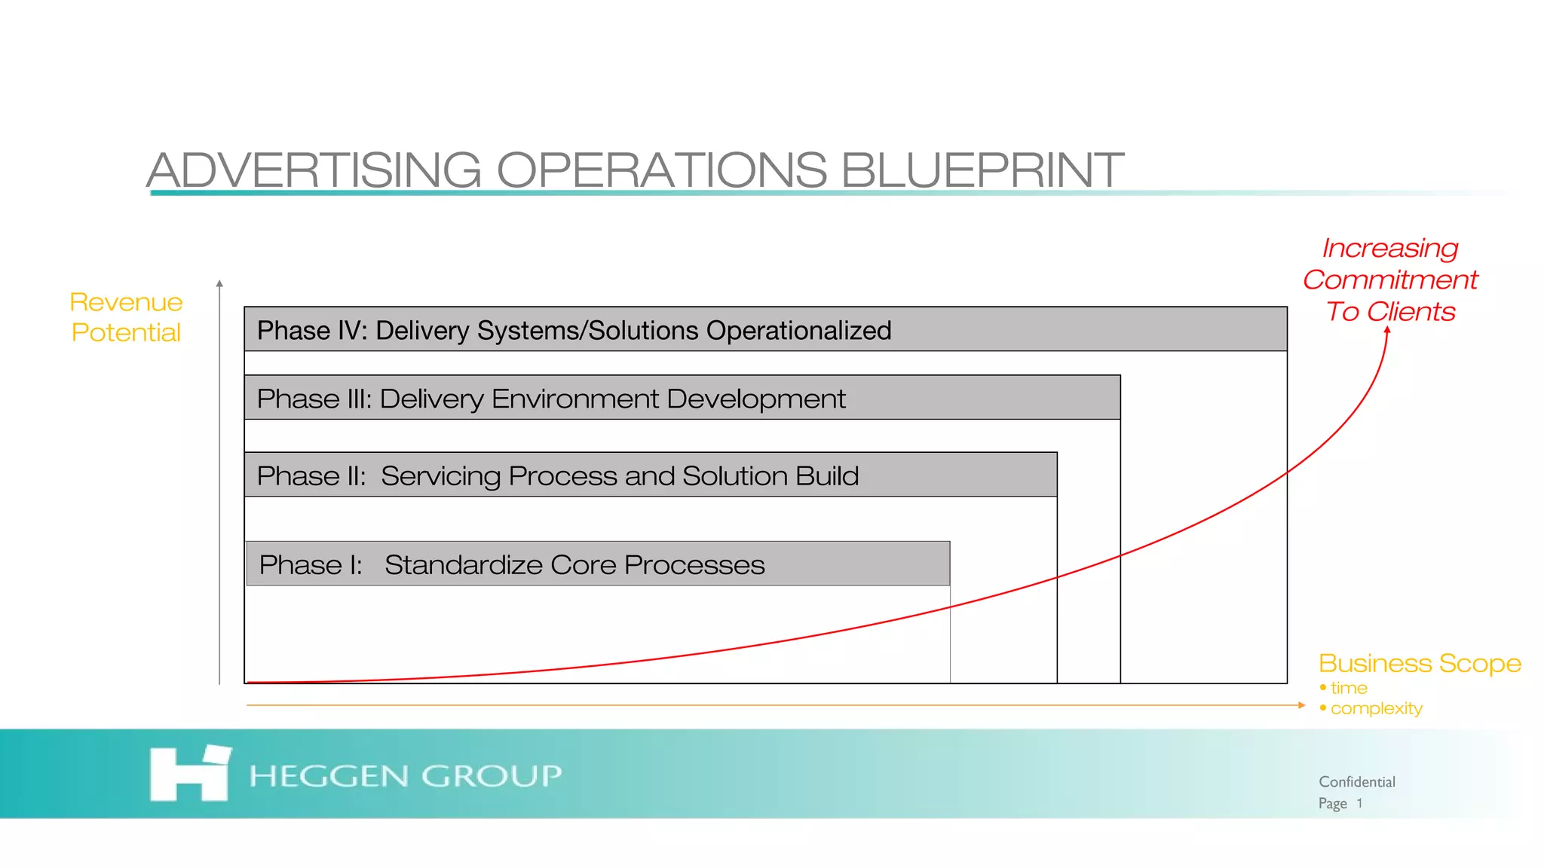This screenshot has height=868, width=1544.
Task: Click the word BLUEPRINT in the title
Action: click(x=982, y=170)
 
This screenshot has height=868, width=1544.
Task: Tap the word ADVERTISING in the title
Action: click(x=314, y=170)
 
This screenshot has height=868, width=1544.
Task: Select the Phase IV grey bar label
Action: click(x=573, y=330)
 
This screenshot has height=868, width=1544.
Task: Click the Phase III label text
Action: click(x=550, y=399)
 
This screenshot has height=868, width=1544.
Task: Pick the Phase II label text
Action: click(x=557, y=476)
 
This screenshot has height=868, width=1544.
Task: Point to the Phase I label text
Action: click(x=511, y=565)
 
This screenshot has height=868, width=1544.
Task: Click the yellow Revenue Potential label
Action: click(x=126, y=317)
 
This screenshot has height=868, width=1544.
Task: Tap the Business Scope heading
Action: click(x=1420, y=663)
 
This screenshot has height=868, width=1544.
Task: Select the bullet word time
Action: click(x=1349, y=688)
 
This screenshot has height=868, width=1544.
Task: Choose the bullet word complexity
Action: click(x=1376, y=708)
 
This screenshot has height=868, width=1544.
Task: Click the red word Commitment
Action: click(x=1390, y=280)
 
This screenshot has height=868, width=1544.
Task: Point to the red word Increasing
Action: click(x=1390, y=248)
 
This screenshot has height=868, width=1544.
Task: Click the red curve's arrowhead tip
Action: click(x=1387, y=329)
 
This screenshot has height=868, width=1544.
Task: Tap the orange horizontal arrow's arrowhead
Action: click(x=1302, y=705)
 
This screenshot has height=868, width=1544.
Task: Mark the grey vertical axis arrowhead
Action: click(x=219, y=283)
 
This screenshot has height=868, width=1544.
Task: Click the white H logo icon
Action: click(x=189, y=774)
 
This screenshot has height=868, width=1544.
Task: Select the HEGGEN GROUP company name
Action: click(x=405, y=775)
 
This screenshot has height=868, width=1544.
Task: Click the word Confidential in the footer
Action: click(x=1356, y=782)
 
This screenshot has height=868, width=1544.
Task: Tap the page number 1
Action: click(x=1359, y=803)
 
